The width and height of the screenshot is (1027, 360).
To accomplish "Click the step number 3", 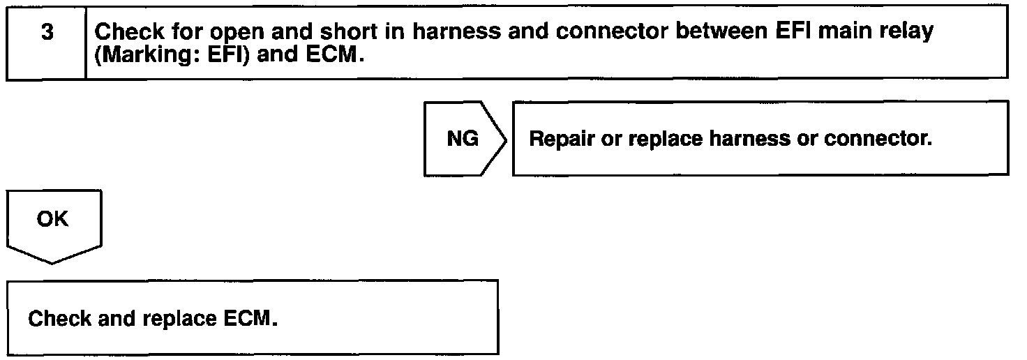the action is (47, 32).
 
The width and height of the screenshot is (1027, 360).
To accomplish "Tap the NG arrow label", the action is (463, 139).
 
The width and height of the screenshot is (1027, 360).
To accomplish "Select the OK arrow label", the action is (52, 219).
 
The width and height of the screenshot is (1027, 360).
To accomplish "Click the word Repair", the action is (562, 139).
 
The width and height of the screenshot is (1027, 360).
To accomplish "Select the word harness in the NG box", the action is (749, 139).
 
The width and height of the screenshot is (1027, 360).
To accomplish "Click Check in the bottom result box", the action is (59, 318).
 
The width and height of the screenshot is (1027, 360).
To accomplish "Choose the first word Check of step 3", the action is (129, 31).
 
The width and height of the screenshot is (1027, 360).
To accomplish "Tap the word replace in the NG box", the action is (666, 140).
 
